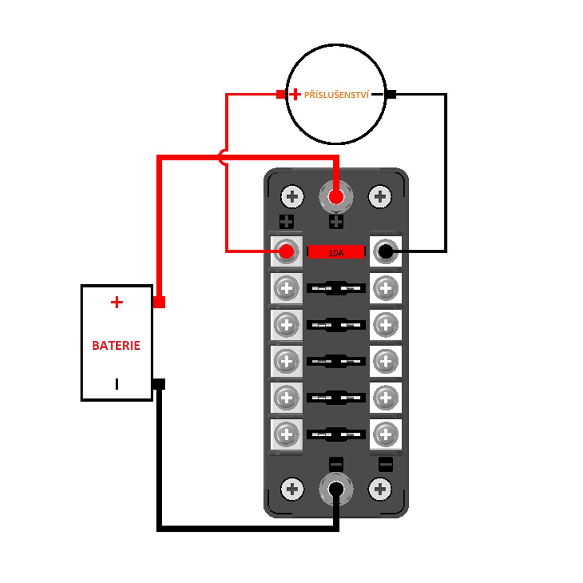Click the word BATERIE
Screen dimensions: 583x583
(x=116, y=345)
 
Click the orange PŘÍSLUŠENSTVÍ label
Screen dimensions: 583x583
(x=336, y=95)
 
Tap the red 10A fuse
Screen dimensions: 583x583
(x=336, y=252)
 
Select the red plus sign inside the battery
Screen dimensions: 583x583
(x=117, y=302)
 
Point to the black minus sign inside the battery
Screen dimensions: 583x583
(x=117, y=384)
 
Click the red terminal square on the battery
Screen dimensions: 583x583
(x=159, y=302)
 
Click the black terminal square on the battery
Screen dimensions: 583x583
(x=159, y=384)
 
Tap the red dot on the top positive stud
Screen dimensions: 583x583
(x=336, y=197)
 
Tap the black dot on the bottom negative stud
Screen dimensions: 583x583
(x=336, y=489)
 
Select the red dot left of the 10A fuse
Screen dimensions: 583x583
(x=286, y=252)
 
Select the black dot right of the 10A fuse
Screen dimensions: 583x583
(x=385, y=252)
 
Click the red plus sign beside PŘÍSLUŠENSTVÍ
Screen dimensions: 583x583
(x=295, y=94)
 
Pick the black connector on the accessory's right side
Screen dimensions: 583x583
(x=391, y=94)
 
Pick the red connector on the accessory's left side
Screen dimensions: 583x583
(x=281, y=94)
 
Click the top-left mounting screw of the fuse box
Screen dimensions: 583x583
(x=292, y=197)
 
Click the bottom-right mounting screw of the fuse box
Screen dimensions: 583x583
(x=380, y=489)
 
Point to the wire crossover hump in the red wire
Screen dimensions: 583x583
(x=223, y=157)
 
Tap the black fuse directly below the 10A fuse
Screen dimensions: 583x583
(x=336, y=288)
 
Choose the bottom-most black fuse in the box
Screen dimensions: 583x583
(x=336, y=434)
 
